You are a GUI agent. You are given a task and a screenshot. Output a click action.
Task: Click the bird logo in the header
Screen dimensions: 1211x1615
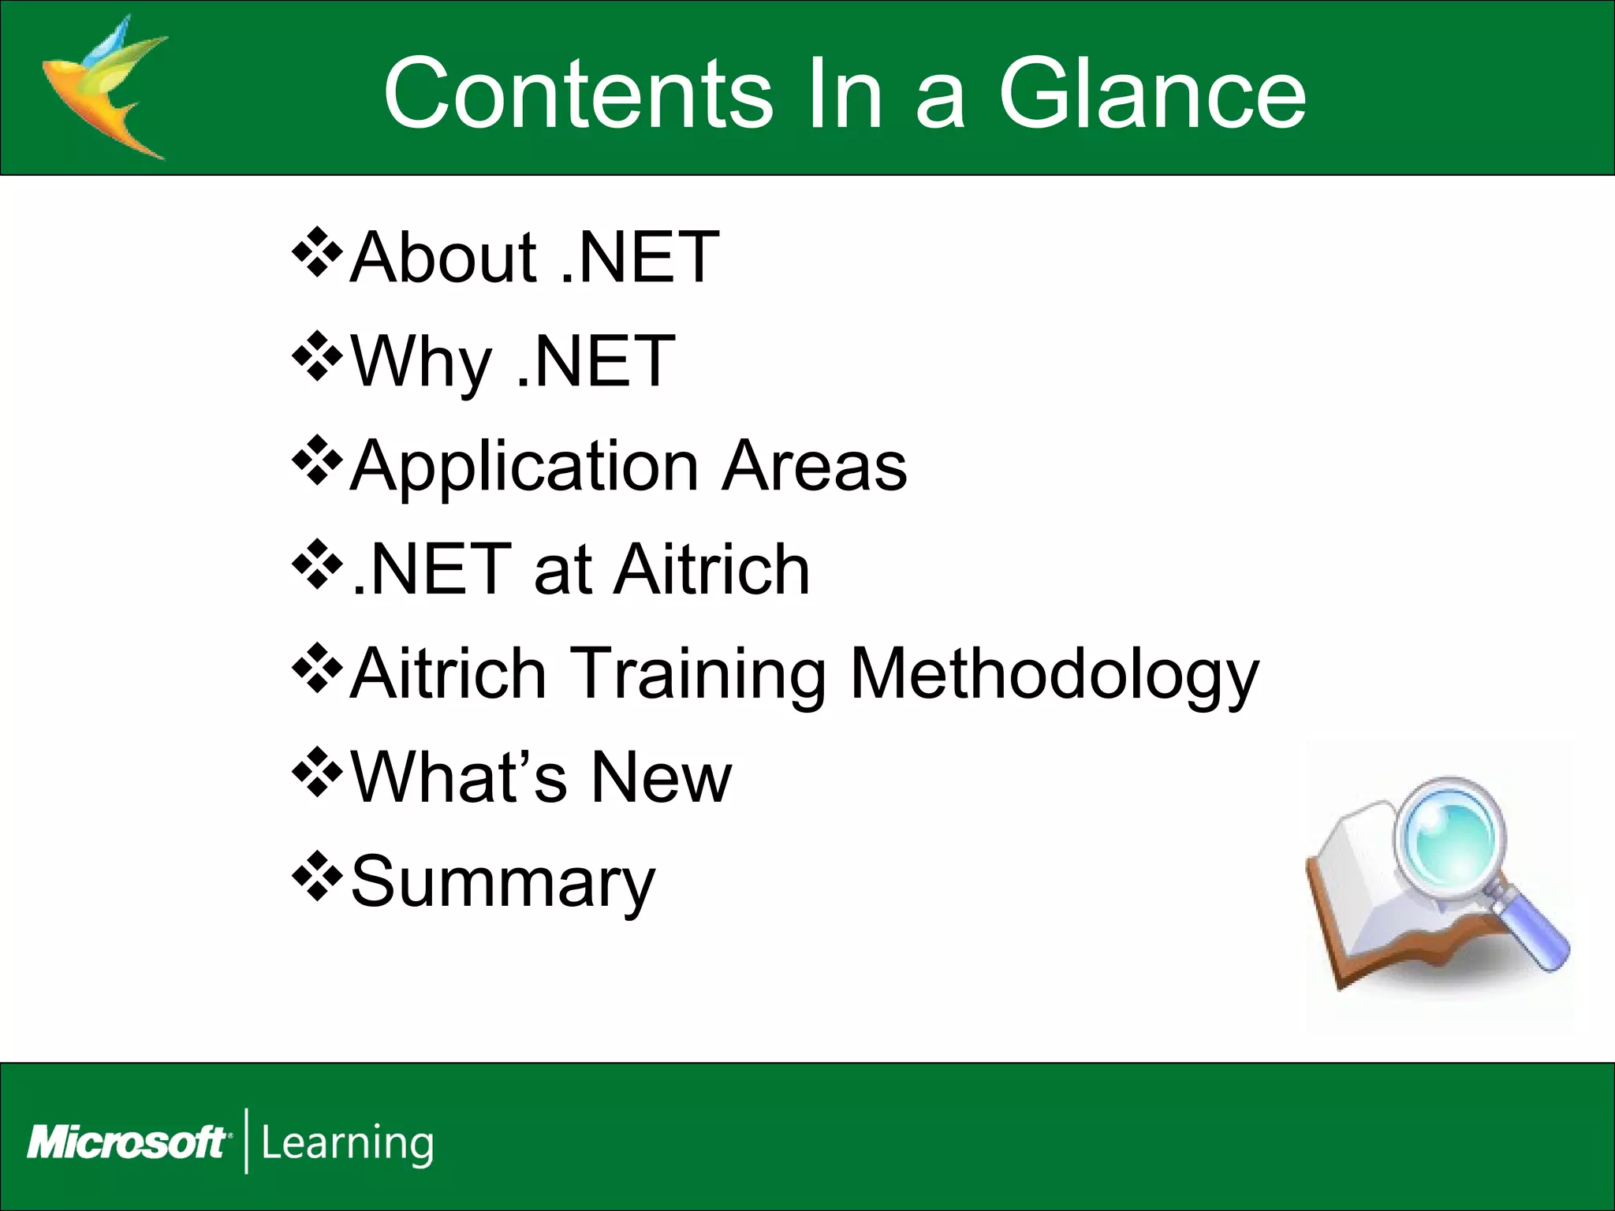coord(103,87)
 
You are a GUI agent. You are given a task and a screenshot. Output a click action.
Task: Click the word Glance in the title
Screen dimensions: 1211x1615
coord(1152,95)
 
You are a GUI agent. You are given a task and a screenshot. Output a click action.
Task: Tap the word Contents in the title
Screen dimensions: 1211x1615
coord(577,95)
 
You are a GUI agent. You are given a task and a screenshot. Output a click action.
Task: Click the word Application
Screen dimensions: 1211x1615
coord(524,467)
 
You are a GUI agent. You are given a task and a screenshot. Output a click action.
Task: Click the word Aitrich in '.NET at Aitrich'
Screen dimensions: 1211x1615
coord(712,569)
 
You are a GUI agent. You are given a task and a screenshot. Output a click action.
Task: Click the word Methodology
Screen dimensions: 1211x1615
coord(1054,674)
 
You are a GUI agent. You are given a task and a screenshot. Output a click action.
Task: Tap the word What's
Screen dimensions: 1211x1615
coord(458,777)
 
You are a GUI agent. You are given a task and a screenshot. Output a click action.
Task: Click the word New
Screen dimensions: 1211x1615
coord(661,777)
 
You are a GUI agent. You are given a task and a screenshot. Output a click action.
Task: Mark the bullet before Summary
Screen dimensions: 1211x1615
coord(317,877)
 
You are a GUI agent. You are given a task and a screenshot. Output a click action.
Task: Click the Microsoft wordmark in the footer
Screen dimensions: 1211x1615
coord(128,1142)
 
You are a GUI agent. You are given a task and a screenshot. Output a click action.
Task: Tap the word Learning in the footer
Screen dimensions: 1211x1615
coord(347,1142)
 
